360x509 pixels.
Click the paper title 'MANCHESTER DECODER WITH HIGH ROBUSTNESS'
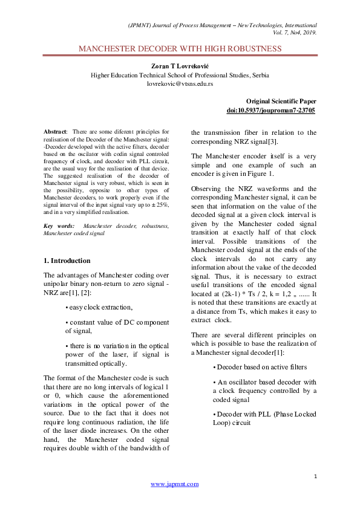click(x=180, y=48)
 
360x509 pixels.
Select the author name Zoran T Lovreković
click(x=180, y=65)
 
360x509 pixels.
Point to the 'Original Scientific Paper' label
click(x=281, y=102)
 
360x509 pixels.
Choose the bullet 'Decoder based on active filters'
click(x=260, y=367)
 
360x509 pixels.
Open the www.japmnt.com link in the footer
click(x=174, y=484)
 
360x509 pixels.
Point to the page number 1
click(x=315, y=477)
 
